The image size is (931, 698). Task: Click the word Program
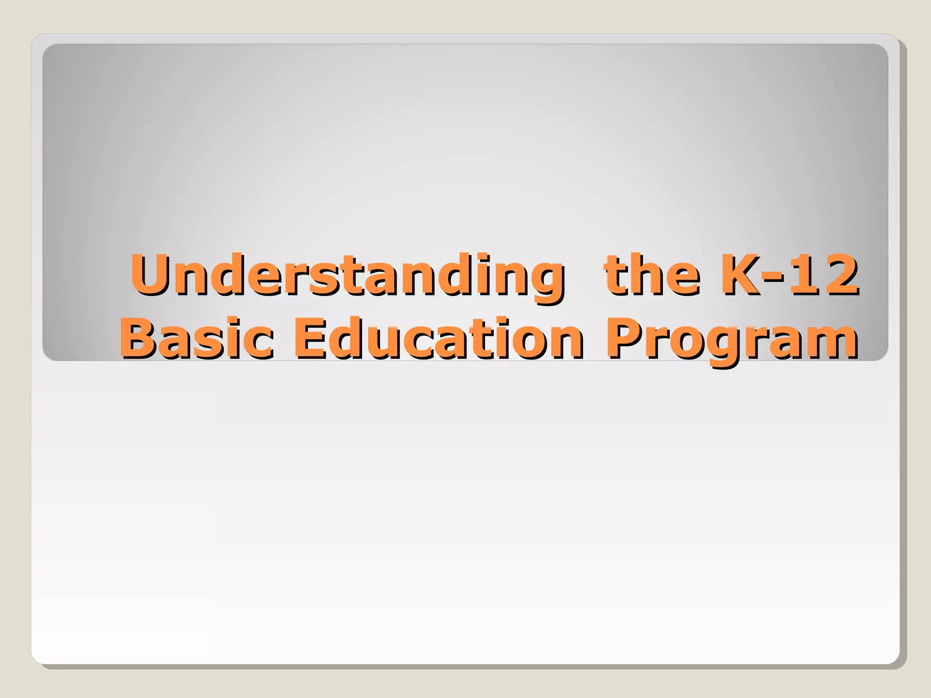click(x=732, y=341)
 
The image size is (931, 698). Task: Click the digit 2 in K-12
click(x=841, y=274)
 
